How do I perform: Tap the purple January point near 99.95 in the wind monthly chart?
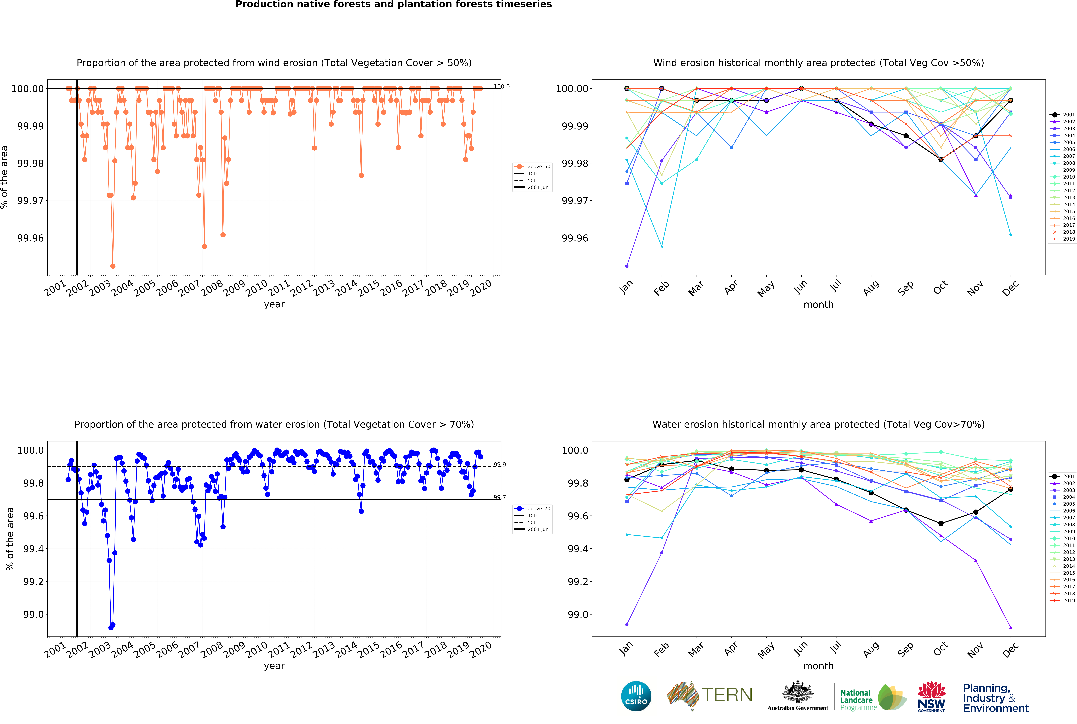627,266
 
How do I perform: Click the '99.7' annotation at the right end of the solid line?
499,497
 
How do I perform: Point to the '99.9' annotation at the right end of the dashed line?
499,465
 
